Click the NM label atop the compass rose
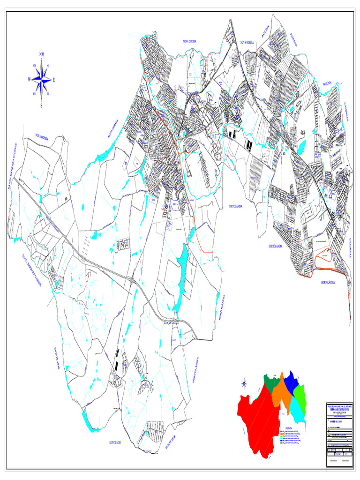point(42,54)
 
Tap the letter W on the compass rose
point(29,80)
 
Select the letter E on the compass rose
point(54,80)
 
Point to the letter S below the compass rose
point(41,105)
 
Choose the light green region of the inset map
point(302,396)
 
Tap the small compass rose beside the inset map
point(244,384)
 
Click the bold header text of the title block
point(339,407)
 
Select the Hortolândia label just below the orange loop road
point(328,283)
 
